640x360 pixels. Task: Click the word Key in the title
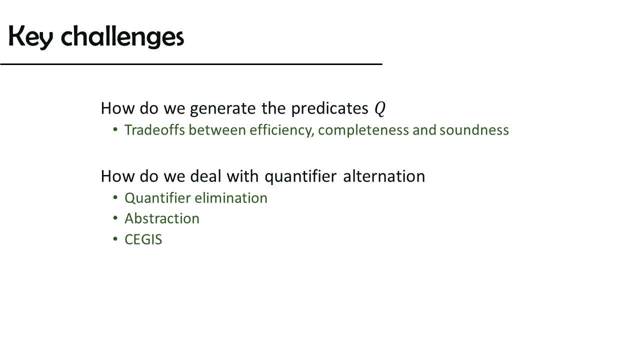click(31, 37)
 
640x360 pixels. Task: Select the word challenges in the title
click(122, 37)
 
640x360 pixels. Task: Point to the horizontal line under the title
click(191, 64)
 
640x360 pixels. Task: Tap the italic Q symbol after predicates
click(380, 109)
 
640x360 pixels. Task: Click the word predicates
click(329, 109)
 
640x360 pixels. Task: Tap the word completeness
click(363, 130)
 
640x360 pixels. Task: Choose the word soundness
click(474, 130)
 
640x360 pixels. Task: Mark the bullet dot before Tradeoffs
click(115, 130)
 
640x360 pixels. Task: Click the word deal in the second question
click(205, 176)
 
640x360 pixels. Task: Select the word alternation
click(384, 176)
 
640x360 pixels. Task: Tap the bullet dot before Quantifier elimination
click(115, 197)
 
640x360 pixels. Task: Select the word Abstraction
click(162, 218)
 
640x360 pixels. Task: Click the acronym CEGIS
click(143, 239)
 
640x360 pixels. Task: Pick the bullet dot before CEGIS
click(115, 239)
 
